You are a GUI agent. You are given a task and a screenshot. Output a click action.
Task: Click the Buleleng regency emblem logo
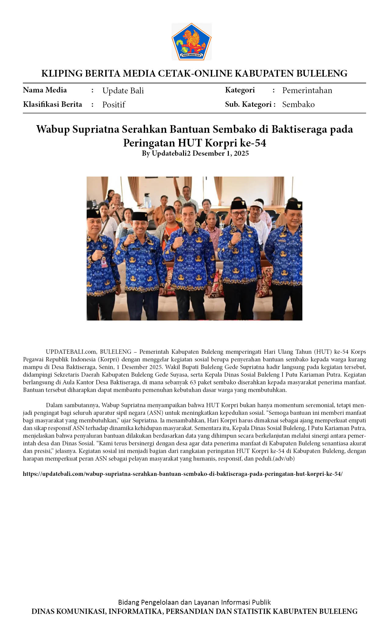click(x=191, y=42)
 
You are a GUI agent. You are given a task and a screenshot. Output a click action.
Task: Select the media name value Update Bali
click(x=123, y=91)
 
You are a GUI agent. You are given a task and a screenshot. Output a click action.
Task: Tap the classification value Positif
click(x=113, y=105)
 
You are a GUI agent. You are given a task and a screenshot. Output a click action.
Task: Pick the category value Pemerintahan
click(x=307, y=90)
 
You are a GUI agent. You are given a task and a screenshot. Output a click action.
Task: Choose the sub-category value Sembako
click(x=298, y=104)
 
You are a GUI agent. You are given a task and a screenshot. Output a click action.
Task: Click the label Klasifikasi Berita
click(x=52, y=104)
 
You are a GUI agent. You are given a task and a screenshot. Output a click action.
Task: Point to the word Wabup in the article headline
click(x=53, y=129)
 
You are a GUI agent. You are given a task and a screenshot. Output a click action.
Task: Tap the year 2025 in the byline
click(x=241, y=153)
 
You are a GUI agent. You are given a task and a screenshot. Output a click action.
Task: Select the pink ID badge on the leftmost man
click(x=104, y=263)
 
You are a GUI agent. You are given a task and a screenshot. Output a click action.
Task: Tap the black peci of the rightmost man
click(x=294, y=205)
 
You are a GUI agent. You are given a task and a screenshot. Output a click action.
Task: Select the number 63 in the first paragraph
click(x=193, y=382)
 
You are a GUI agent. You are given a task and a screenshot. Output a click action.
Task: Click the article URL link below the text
click(x=183, y=474)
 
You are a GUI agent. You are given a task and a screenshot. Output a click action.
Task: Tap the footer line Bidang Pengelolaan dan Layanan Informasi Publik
click(x=194, y=602)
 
